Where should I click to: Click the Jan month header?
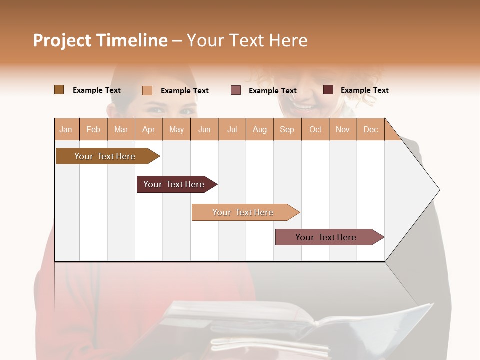66,129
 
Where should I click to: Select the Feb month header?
93,129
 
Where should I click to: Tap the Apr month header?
148,129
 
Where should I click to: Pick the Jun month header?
204,129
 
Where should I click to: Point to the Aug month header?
259,129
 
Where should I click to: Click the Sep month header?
287,129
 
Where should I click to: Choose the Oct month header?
315,129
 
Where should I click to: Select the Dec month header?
370,129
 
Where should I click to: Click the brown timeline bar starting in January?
105,156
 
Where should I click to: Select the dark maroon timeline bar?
174,184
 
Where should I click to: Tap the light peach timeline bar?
243,212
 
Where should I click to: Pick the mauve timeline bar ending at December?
326,237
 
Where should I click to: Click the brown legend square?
59,90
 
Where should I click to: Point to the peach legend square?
147,90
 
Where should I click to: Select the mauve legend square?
236,90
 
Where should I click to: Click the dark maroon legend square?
328,90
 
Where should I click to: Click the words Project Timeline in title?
100,40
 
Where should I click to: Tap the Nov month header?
343,129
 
